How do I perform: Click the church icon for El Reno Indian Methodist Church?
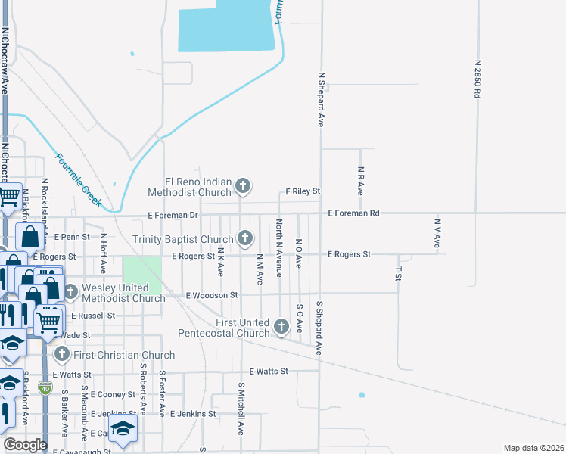point(243,185)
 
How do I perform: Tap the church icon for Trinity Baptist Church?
point(244,238)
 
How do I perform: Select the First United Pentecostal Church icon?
point(281,326)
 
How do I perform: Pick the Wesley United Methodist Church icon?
point(70,291)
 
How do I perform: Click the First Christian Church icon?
point(61,354)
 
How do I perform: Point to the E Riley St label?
point(303,192)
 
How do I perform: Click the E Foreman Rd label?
point(353,213)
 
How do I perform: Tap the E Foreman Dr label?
point(173,216)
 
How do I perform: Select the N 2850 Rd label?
point(477,79)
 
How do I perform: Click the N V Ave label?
point(437,233)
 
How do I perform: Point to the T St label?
point(398,273)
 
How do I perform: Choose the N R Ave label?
point(361,182)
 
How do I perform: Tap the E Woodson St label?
point(212,294)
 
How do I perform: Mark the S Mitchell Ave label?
point(241,408)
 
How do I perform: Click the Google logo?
point(25,445)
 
